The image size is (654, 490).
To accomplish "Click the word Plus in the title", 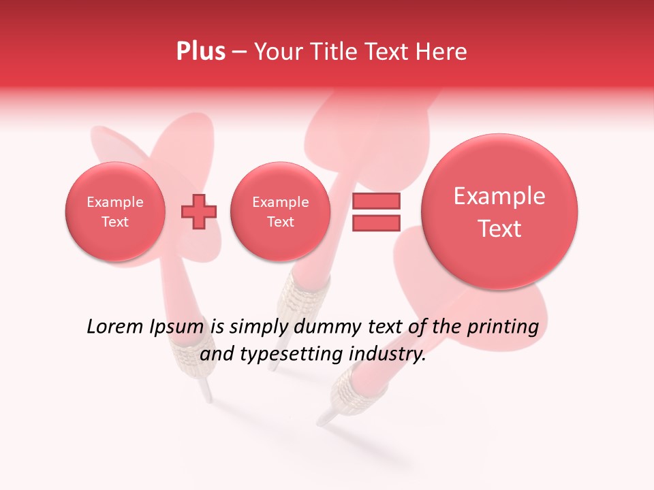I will pyautogui.click(x=200, y=52).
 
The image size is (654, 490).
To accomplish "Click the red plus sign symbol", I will pyautogui.click(x=198, y=212).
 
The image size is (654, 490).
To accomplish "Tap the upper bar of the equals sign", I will pyautogui.click(x=376, y=201).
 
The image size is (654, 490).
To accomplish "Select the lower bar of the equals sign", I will pyautogui.click(x=376, y=223).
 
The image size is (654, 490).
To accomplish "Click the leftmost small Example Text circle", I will pyautogui.click(x=114, y=212).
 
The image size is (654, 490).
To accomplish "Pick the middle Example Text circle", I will pyautogui.click(x=280, y=212).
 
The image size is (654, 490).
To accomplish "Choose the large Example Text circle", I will pyautogui.click(x=499, y=212).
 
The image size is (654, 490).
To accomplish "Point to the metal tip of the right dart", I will pyautogui.click(x=326, y=416).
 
